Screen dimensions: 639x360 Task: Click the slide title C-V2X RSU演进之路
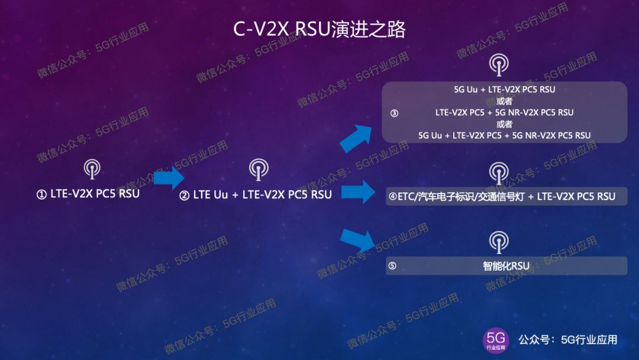319,30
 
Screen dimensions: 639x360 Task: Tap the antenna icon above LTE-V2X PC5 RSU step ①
92,169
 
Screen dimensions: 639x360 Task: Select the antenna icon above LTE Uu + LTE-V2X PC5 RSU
258,169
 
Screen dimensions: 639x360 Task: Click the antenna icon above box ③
499,64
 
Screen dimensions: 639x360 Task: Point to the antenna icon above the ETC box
499,172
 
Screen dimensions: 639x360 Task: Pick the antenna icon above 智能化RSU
499,242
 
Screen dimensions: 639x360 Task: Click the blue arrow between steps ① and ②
169,177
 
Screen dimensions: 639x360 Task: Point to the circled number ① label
41,194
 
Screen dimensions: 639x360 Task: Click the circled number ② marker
184,195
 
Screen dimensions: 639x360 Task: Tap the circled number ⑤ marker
392,266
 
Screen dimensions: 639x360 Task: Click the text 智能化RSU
506,266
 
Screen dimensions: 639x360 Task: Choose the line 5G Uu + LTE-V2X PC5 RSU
504,90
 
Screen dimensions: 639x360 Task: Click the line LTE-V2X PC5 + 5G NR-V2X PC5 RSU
504,112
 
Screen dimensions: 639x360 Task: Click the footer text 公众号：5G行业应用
568,340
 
